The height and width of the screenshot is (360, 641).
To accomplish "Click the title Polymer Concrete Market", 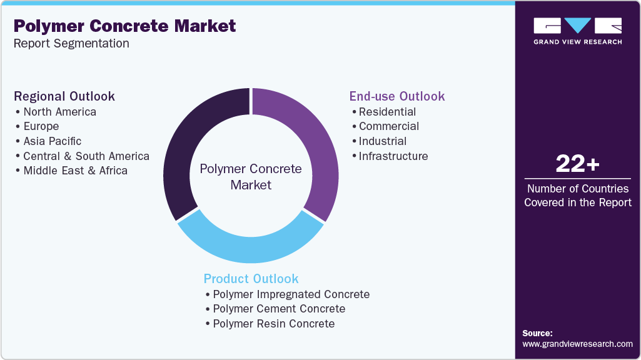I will click(x=124, y=26).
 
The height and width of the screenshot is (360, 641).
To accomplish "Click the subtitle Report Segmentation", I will click(x=71, y=44).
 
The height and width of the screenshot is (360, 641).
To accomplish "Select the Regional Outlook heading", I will click(x=64, y=96).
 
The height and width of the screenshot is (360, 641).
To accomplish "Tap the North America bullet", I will click(x=59, y=112).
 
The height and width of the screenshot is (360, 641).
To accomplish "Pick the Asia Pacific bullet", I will click(x=53, y=141).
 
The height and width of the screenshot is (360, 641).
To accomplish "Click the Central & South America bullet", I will click(x=86, y=156).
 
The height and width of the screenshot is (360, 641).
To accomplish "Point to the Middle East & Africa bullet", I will click(x=75, y=171).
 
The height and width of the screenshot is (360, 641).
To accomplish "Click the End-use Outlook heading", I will click(x=397, y=96).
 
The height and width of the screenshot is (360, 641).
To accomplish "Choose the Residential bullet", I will click(x=387, y=112).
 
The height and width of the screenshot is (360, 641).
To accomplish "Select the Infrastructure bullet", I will click(x=393, y=156).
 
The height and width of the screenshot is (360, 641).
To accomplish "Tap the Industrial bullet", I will click(x=383, y=141).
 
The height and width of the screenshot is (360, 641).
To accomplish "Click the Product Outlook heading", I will click(x=251, y=279).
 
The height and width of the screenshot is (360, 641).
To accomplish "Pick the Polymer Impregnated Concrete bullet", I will click(x=291, y=294).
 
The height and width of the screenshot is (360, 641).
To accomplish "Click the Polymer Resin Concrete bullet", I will click(x=273, y=324).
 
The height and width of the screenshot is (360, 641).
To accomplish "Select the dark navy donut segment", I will click(x=187, y=144).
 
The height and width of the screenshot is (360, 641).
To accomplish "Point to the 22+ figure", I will click(x=577, y=164).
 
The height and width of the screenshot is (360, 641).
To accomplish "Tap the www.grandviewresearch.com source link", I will click(x=577, y=344).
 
